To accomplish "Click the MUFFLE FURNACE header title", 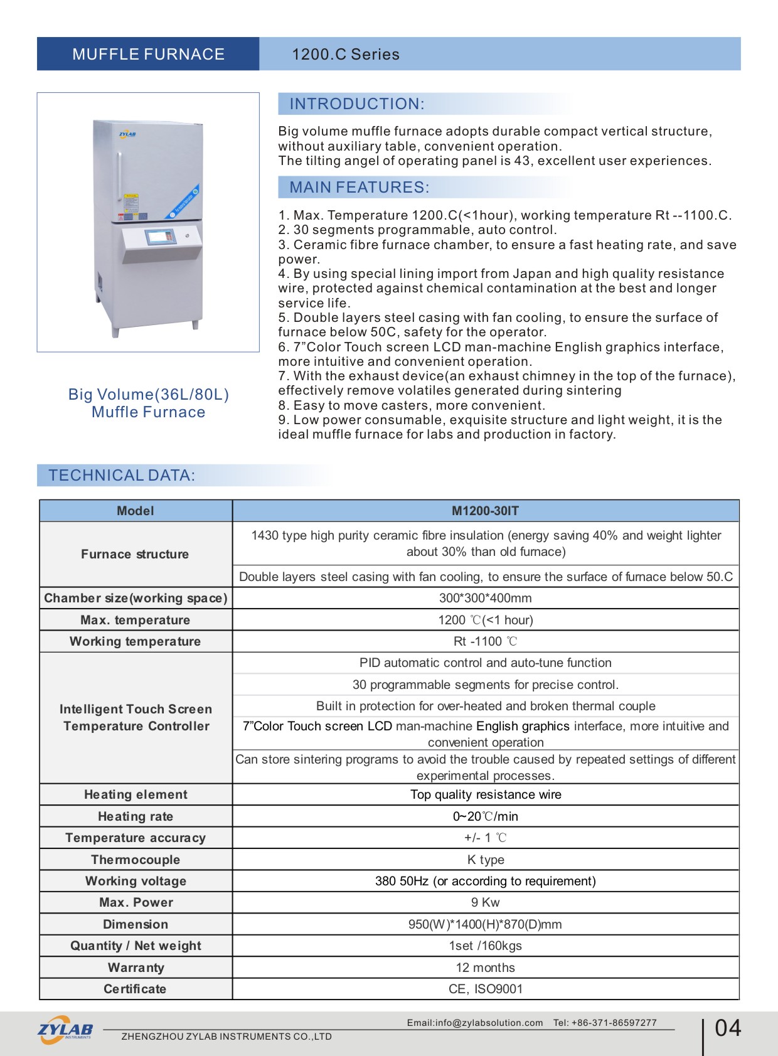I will click(148, 55).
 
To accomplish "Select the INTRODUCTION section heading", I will click(356, 104).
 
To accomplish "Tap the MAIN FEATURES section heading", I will click(359, 188).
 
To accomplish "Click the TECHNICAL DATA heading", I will click(122, 476).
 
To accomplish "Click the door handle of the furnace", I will click(119, 176).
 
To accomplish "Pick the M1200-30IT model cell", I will click(485, 511).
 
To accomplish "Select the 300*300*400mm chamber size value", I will click(485, 598).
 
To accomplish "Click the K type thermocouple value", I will click(485, 860).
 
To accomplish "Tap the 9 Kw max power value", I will click(485, 902).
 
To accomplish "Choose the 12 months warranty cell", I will click(485, 968).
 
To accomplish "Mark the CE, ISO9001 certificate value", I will click(485, 989).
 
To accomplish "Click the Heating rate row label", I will click(136, 816).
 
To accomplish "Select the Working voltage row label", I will click(136, 881).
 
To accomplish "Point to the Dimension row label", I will click(136, 924).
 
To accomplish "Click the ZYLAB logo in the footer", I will click(65, 1030).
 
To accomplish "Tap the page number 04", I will click(728, 1028).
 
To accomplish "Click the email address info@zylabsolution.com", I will click(489, 1023).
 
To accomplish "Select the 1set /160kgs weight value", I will click(485, 946).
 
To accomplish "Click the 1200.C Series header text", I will click(346, 55).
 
